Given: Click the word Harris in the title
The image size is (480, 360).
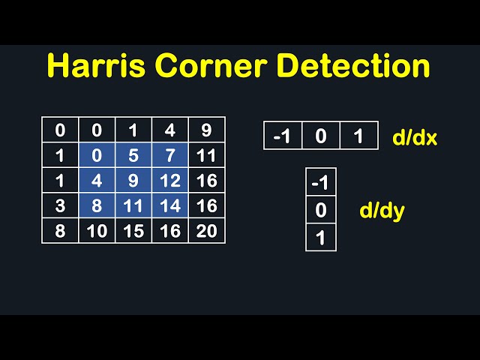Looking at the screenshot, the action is click(x=96, y=65).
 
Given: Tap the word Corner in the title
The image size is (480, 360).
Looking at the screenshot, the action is click(x=211, y=65).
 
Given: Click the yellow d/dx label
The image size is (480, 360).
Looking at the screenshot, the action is click(x=415, y=137).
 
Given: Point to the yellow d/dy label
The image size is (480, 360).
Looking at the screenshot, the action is click(x=382, y=211).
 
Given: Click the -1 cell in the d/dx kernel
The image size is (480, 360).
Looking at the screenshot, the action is click(x=283, y=136).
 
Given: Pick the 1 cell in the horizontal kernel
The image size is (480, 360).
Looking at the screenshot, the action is click(x=358, y=136).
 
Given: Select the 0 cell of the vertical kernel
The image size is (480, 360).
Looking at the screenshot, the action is click(x=321, y=210).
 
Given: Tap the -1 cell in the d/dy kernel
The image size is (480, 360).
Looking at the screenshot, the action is click(x=321, y=181).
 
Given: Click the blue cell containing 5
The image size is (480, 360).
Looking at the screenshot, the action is click(x=133, y=155).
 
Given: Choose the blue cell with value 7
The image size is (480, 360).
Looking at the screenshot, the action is click(x=170, y=155).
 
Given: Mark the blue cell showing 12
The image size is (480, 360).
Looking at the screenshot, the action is click(x=170, y=180).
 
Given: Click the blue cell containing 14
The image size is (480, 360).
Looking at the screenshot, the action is click(x=170, y=205).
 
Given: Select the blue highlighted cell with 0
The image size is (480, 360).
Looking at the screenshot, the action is click(x=97, y=155).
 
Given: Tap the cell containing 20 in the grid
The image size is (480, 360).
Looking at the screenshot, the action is click(x=207, y=231).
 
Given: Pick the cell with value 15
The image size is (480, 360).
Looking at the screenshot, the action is click(x=133, y=231).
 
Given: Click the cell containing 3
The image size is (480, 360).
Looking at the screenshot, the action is click(x=60, y=205).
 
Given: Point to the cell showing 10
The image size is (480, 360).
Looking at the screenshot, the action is click(x=97, y=231).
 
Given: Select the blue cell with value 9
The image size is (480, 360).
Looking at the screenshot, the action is click(x=133, y=180).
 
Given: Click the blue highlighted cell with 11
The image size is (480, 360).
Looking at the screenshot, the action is click(x=133, y=205).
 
